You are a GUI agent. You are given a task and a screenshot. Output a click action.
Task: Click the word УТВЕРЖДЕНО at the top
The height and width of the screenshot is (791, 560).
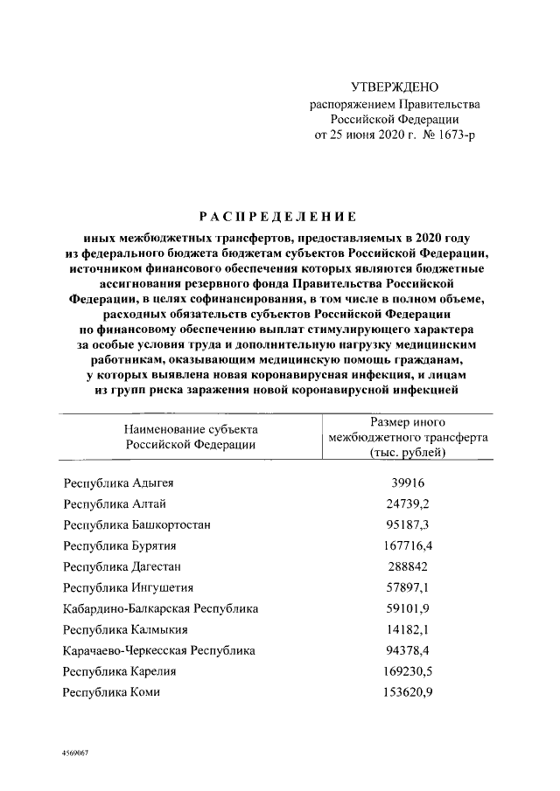click(395, 87)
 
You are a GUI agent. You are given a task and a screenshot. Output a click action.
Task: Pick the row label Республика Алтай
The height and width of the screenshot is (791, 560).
click(115, 504)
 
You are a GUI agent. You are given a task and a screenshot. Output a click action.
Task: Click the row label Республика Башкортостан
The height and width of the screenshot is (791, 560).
click(137, 525)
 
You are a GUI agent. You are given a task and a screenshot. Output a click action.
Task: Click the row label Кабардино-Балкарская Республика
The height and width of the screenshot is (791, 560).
click(161, 609)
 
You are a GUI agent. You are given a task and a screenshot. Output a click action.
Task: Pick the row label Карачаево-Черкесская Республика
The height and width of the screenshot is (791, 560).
click(159, 651)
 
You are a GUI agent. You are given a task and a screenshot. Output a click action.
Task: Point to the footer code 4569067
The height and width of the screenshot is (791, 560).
click(76, 753)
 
